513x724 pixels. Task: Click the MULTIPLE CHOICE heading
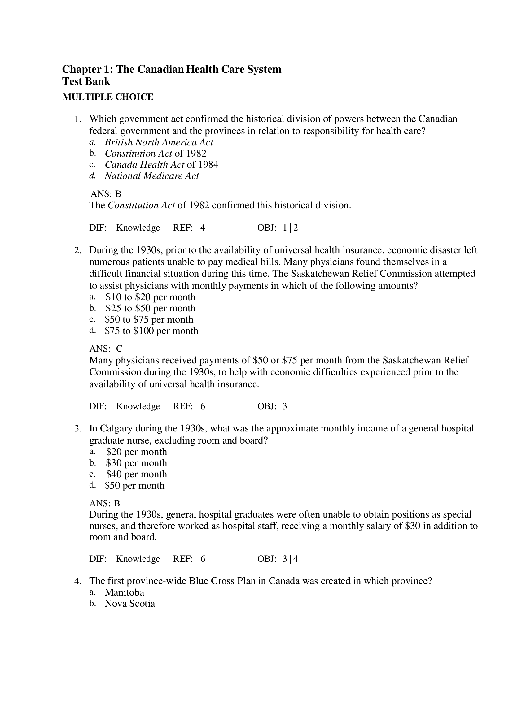pos(108,97)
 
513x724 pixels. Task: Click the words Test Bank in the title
pos(86,81)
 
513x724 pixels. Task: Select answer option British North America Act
pos(159,142)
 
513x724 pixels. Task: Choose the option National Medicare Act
pos(151,176)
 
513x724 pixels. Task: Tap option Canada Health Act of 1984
pos(161,165)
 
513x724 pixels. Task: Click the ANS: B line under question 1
pos(106,194)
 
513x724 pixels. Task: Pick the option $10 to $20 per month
pos(150,297)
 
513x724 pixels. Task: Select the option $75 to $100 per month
pos(151,331)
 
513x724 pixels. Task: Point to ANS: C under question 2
pos(106,349)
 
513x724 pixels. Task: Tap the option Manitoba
pos(125,592)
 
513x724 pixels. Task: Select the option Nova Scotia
pos(130,604)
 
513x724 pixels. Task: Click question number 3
pos(77,429)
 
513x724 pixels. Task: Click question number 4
pos(77,581)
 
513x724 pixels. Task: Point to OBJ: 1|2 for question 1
pos(278,228)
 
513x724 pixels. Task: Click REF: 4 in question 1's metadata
pos(189,228)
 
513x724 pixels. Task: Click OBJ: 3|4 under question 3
pos(278,559)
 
